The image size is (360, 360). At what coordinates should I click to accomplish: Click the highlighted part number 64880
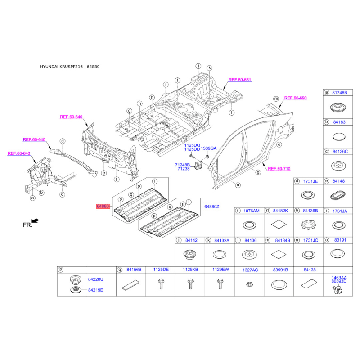[x=102, y=206]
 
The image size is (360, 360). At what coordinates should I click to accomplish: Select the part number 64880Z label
[x=211, y=206]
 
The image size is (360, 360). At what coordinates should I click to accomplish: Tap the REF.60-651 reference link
[x=239, y=80]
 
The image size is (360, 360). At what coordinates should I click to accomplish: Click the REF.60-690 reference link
[x=296, y=98]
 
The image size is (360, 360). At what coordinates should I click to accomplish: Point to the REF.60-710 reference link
[x=279, y=168]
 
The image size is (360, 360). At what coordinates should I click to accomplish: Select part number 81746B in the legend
[x=340, y=92]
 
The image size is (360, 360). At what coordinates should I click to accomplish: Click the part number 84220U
[x=95, y=279]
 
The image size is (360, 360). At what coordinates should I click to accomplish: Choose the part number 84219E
[x=95, y=290]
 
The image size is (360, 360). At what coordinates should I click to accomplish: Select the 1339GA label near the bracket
[x=208, y=148]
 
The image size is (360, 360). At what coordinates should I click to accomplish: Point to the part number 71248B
[x=182, y=165]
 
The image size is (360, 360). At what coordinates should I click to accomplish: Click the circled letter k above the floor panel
[x=209, y=68]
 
